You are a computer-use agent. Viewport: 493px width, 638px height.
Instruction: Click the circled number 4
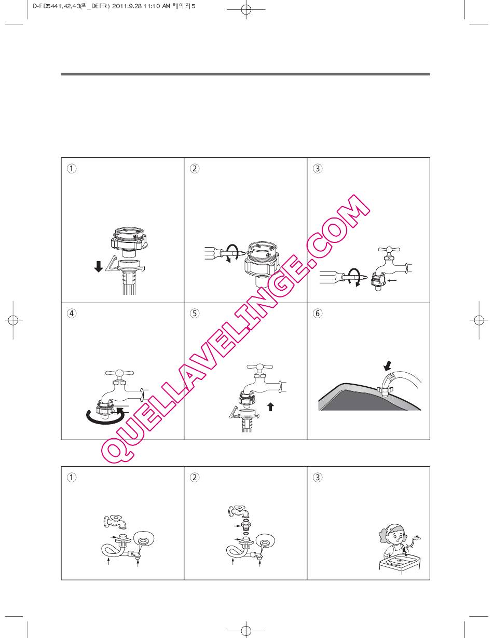tap(71, 313)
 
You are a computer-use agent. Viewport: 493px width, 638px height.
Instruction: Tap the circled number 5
tap(194, 313)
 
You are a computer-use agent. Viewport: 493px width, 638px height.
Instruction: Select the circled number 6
tap(317, 313)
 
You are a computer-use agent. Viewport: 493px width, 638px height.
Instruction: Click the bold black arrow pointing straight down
tap(99, 267)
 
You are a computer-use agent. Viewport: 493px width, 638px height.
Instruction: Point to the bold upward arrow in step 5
tap(270, 406)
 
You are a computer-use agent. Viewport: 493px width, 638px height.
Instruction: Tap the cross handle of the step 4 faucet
tap(119, 373)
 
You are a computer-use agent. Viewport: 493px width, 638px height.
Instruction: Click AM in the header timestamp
tap(166, 6)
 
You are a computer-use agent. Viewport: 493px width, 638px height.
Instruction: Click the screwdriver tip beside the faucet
tap(363, 277)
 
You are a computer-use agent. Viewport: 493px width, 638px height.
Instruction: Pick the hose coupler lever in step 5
tap(234, 412)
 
